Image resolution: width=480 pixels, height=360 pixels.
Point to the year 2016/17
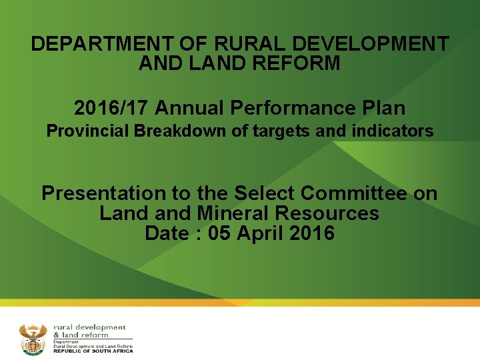113,107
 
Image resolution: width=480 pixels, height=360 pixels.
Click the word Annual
193,107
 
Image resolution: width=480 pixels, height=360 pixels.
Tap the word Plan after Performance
383,107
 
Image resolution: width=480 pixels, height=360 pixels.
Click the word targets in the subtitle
282,131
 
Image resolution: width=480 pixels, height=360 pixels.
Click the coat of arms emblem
33,339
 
